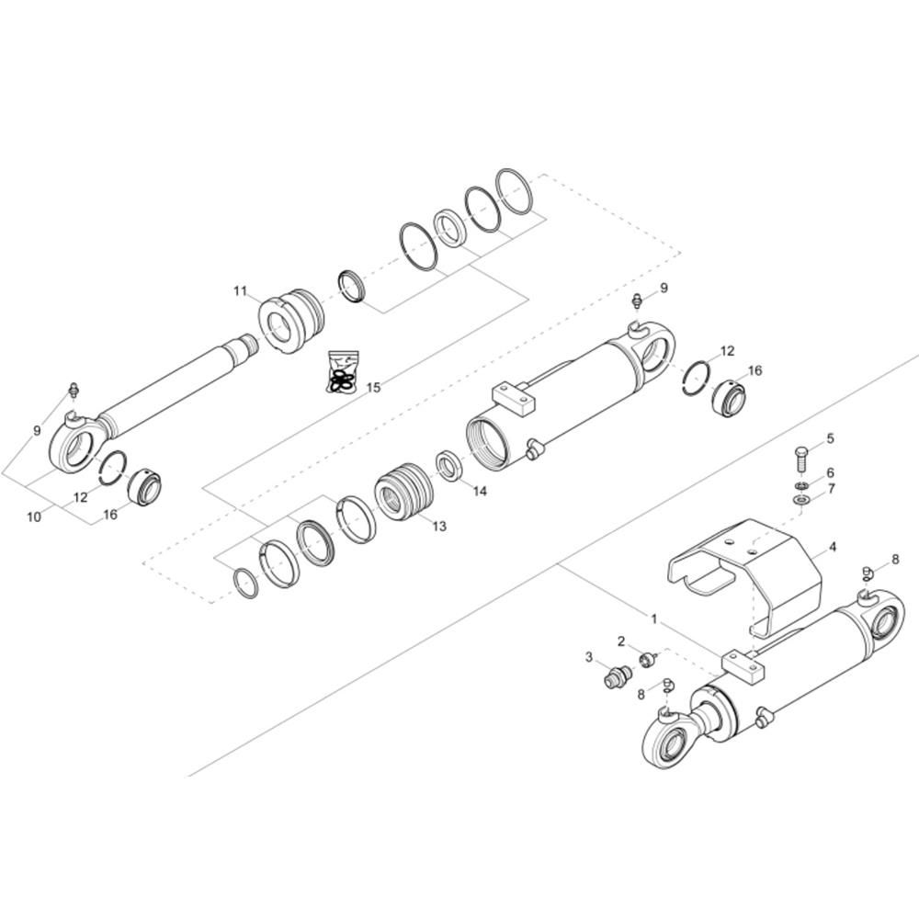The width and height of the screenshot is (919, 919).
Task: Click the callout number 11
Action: coord(240,291)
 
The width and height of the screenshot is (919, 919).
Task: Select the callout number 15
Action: coord(373,388)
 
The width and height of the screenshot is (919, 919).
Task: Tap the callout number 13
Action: coord(439,527)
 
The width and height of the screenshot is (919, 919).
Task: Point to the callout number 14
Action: coord(480,491)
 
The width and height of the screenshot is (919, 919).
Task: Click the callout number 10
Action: coord(35,516)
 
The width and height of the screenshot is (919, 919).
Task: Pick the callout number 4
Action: coord(833,548)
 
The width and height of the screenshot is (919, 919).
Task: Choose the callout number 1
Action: coord(654,618)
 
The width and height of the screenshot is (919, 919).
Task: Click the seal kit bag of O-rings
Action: coord(342,371)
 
